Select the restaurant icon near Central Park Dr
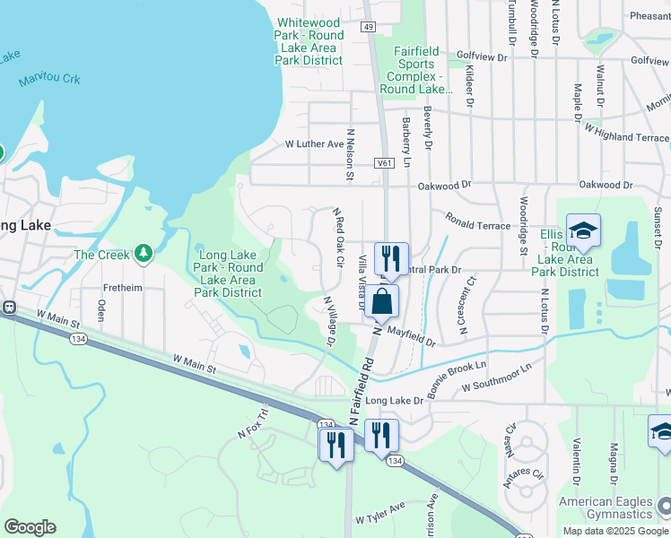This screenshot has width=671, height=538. [x=391, y=258]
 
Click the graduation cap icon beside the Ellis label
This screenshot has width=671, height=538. [x=583, y=231]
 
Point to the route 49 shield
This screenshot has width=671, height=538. [x=369, y=27]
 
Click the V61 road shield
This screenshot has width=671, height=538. [x=385, y=163]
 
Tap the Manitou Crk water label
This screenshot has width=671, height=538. [x=49, y=80]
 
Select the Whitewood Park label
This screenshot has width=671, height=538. [x=309, y=41]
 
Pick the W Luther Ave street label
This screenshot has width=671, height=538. [x=314, y=143]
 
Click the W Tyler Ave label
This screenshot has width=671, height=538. [x=382, y=519]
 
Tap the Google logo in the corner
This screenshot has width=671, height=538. [x=30, y=527]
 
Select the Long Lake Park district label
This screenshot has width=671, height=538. [x=231, y=273]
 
